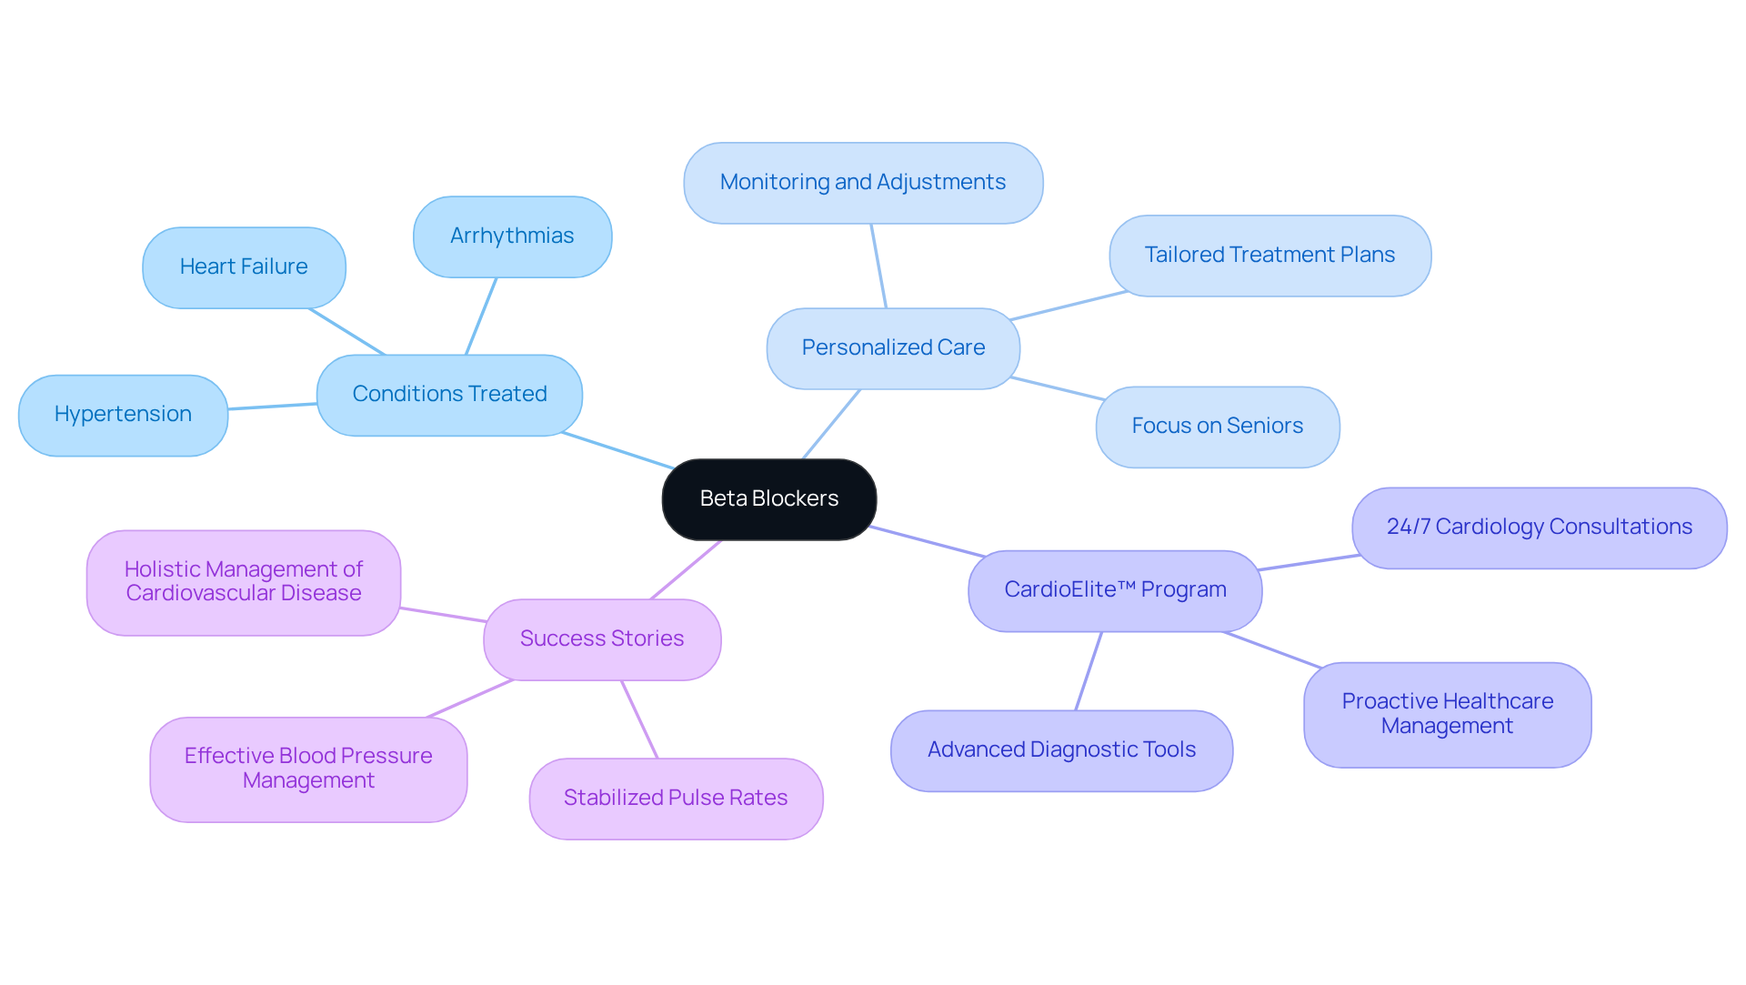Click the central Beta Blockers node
pyautogui.click(x=768, y=499)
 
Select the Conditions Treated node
pyautogui.click(x=449, y=395)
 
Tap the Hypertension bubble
pyautogui.click(x=123, y=415)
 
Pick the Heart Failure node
pyautogui.click(x=244, y=267)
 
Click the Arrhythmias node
pyautogui.click(x=512, y=236)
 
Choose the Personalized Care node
pyautogui.click(x=893, y=348)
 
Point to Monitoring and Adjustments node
pyautogui.click(x=863, y=183)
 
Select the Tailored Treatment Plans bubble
pyautogui.click(x=1269, y=256)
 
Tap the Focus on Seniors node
pyautogui.click(x=1217, y=427)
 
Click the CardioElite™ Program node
pyautogui.click(x=1115, y=590)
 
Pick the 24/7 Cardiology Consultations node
pyautogui.click(x=1539, y=528)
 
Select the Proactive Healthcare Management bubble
pyautogui.click(x=1447, y=714)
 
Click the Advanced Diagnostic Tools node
pyautogui.click(x=1061, y=750)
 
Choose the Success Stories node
pyautogui.click(x=602, y=639)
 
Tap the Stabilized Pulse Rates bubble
pyautogui.click(x=676, y=799)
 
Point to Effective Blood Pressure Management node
pyautogui.click(x=308, y=769)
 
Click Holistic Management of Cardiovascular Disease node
pyautogui.click(x=244, y=582)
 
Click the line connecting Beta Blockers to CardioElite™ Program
pyautogui.click(x=928, y=541)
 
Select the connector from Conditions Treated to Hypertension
pyautogui.click(x=273, y=407)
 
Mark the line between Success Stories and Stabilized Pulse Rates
pyautogui.click(x=639, y=719)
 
